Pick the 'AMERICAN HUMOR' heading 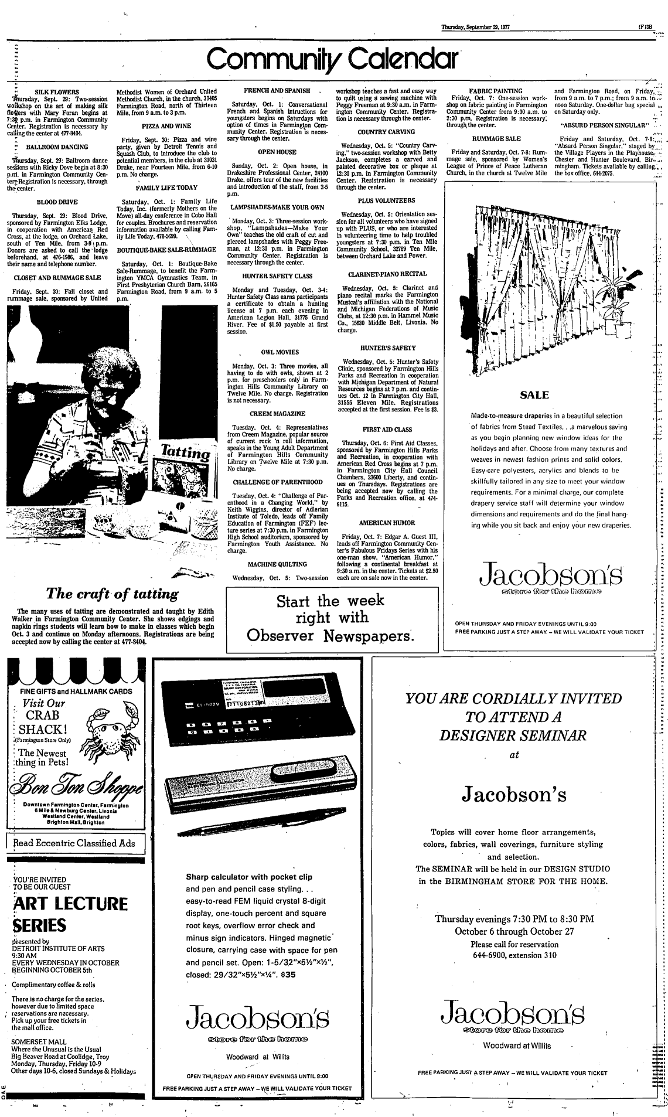(387, 522)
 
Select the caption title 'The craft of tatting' (113, 594)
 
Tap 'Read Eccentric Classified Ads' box (74, 844)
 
